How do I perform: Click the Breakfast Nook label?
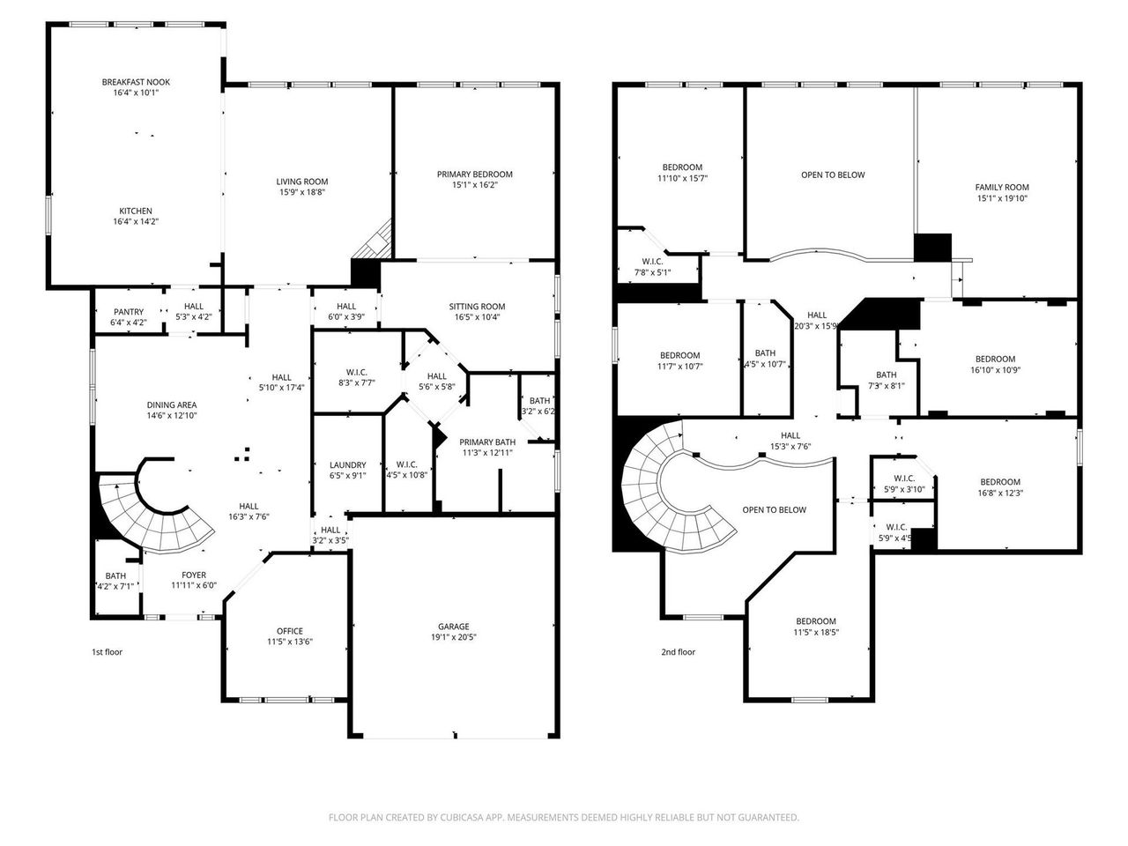pos(136,82)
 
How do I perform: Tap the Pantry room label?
pos(129,312)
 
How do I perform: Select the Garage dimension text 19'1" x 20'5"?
pos(455,637)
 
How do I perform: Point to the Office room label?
pos(290,631)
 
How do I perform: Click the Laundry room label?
pos(347,465)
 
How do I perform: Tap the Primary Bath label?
pos(487,442)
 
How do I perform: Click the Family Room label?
pos(1002,187)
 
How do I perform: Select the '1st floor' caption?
pos(108,652)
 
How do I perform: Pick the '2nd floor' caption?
pos(678,652)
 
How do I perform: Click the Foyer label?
pos(194,575)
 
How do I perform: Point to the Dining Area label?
pos(172,404)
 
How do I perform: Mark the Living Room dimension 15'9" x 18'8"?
pos(302,192)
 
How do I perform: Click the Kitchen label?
pos(136,211)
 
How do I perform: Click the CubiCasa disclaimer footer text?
pos(564,818)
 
